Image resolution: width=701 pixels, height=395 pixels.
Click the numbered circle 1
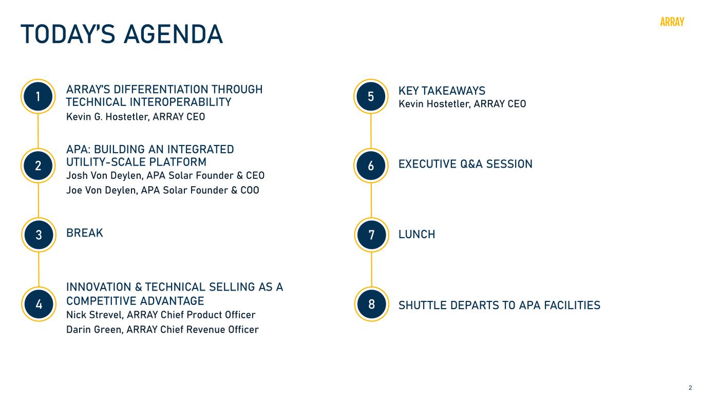coord(38,96)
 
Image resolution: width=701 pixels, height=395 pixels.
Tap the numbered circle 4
coord(39,304)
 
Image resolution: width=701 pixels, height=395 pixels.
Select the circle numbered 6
coord(371,166)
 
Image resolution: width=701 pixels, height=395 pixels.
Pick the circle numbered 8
coord(371,304)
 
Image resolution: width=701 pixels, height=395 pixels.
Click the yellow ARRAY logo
coord(672,22)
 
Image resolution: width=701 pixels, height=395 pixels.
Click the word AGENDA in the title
coord(174,34)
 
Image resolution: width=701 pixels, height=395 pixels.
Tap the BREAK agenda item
coord(85,233)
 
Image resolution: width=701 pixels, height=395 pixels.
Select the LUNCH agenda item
coord(416,234)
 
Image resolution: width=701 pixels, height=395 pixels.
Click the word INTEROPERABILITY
coord(180,102)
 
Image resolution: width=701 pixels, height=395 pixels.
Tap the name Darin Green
coord(94,330)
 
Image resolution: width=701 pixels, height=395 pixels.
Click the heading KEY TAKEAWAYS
coord(442,91)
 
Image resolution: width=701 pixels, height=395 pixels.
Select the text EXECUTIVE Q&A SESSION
coord(465,164)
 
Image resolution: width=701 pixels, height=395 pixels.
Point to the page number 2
coord(690,388)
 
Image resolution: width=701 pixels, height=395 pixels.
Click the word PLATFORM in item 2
coord(178,162)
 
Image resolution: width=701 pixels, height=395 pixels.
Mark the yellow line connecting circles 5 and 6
coord(371,131)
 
